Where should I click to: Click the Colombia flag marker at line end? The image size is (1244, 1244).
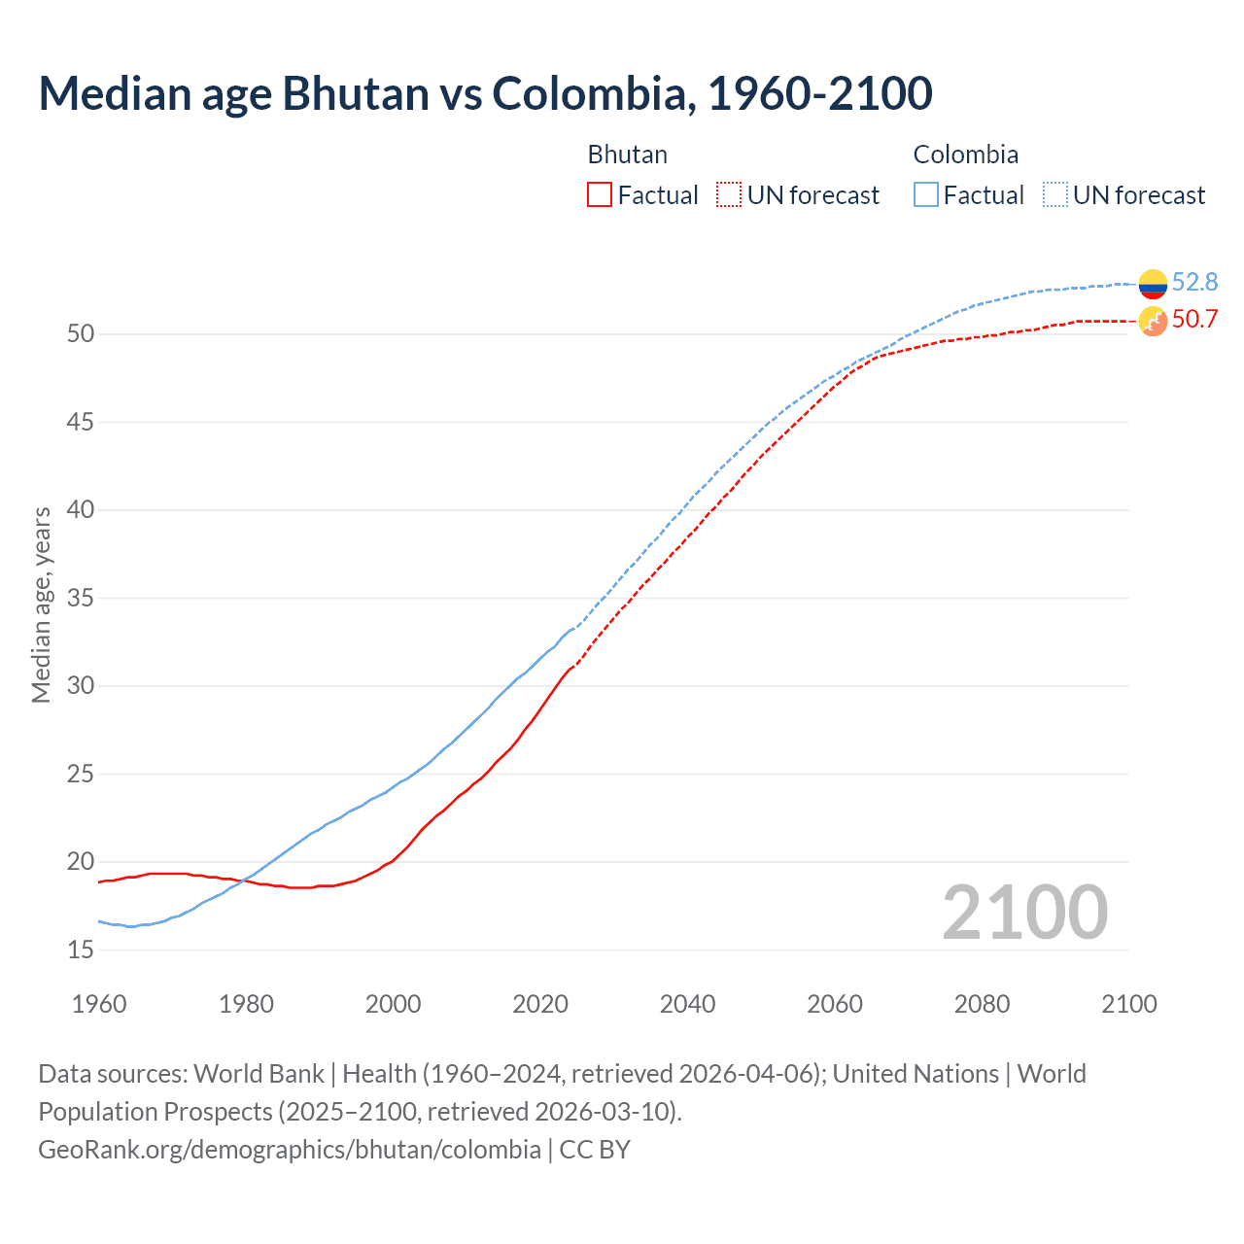[1153, 284]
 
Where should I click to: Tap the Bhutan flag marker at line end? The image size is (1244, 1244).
[1153, 321]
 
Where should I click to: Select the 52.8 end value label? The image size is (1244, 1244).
[1194, 282]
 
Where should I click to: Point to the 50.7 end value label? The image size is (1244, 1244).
[1194, 319]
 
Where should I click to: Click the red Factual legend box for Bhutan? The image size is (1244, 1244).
[600, 194]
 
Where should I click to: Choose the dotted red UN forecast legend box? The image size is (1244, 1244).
[729, 194]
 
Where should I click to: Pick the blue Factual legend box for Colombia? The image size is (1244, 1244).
[926, 194]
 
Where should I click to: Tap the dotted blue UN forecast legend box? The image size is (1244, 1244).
[1055, 194]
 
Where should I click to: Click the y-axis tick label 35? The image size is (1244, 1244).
[81, 598]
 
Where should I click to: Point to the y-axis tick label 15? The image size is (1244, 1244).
[81, 950]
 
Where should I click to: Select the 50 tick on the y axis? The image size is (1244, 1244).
[81, 333]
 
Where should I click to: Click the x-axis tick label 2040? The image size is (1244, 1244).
[687, 1004]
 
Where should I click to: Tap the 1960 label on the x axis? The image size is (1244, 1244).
[99, 1004]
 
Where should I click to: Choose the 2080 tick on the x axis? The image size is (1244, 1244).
[982, 1004]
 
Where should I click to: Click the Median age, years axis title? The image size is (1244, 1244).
[41, 605]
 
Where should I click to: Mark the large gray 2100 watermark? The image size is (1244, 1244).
[1024, 912]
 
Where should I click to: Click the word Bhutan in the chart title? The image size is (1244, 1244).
[355, 93]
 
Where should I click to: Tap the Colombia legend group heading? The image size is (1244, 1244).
[965, 155]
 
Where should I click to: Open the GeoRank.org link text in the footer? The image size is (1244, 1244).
[289, 1149]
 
